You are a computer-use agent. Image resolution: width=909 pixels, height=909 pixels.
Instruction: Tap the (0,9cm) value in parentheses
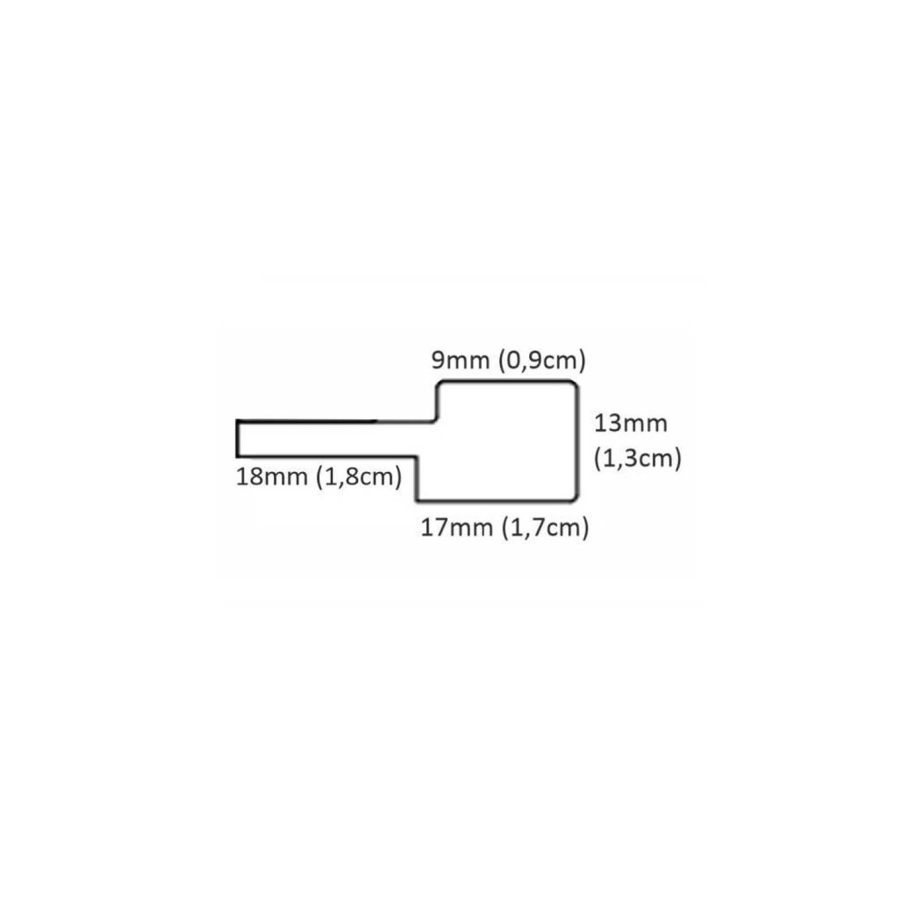pos(541,361)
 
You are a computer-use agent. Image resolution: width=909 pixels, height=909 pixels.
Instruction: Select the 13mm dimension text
pos(630,423)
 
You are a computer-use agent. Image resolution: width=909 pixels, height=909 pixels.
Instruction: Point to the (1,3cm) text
pos(638,459)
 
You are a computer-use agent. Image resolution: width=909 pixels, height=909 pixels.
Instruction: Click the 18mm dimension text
pos(271,478)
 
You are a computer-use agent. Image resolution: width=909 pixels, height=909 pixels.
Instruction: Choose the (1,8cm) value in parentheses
pos(359,478)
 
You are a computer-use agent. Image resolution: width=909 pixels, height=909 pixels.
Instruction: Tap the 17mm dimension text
pos(457,528)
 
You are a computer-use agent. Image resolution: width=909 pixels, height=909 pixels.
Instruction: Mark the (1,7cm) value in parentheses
pos(545,528)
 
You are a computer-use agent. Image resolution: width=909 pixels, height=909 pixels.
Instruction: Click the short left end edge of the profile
pos(237,438)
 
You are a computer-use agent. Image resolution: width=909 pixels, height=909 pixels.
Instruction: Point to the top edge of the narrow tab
pos(333,421)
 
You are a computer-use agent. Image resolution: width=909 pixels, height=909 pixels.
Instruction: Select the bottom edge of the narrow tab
pos(327,456)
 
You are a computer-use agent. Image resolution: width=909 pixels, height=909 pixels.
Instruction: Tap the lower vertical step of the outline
pos(418,479)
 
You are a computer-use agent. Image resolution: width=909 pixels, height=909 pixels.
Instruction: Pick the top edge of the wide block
pos(506,381)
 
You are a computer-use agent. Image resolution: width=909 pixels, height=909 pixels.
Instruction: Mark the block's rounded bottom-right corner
pos(573,498)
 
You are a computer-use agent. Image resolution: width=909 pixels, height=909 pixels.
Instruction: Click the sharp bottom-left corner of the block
pos(418,501)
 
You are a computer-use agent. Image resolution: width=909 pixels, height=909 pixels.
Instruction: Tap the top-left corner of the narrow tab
pos(238,421)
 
